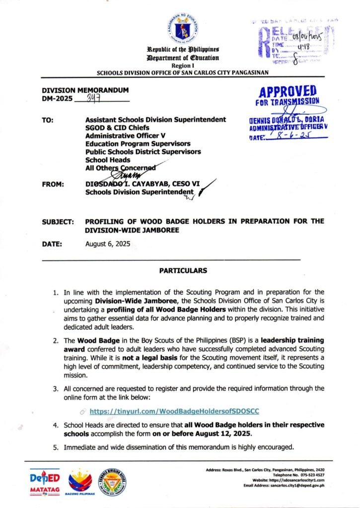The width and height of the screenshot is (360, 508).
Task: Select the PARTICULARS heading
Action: click(180, 271)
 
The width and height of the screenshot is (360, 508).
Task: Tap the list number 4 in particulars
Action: click(56, 426)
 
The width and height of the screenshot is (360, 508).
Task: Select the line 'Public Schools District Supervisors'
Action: click(143, 152)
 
